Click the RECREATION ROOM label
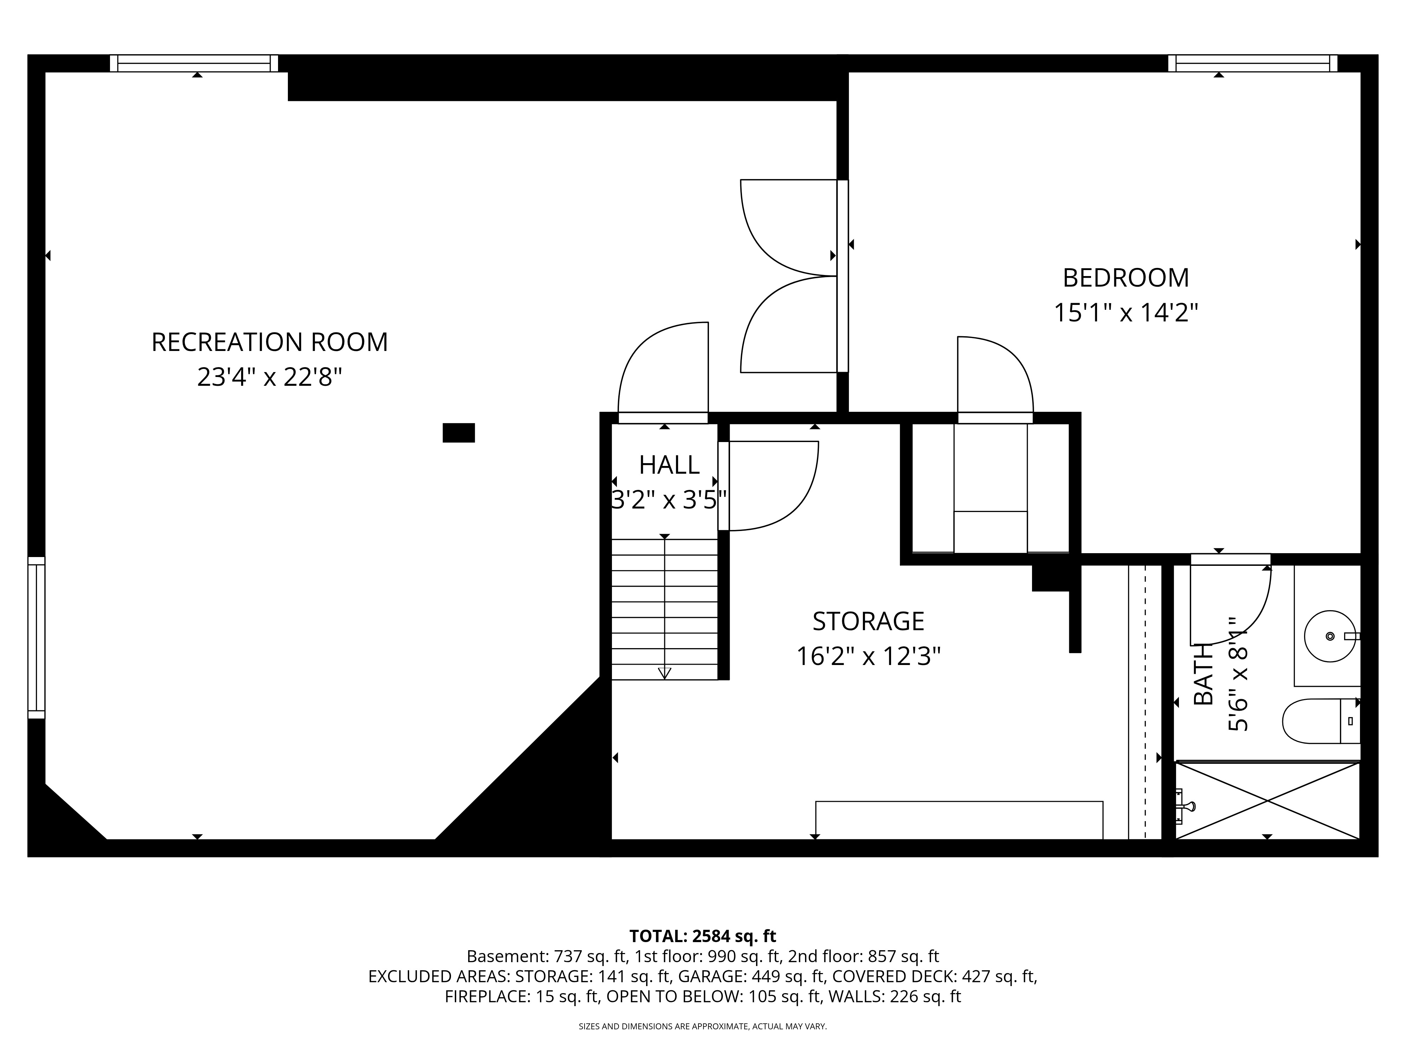click(x=270, y=342)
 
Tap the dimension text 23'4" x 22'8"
click(x=270, y=378)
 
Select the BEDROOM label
click(x=1126, y=278)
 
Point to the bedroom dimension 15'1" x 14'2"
click(x=1126, y=313)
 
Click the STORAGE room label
click(x=868, y=621)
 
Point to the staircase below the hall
click(x=664, y=609)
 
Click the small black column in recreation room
click(x=458, y=433)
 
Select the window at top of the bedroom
click(x=1252, y=64)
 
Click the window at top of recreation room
click(x=194, y=64)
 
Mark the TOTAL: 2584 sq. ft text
click(x=702, y=936)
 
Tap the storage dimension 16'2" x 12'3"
click(x=868, y=656)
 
